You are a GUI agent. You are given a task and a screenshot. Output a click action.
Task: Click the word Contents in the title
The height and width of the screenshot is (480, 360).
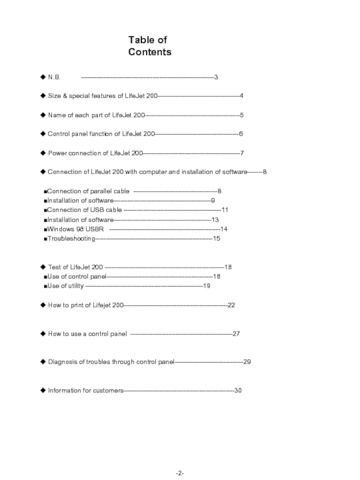click(x=149, y=52)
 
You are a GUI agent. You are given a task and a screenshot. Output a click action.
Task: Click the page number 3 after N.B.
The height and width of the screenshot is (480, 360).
click(x=216, y=77)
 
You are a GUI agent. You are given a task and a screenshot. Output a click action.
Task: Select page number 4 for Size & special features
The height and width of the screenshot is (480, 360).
click(x=242, y=96)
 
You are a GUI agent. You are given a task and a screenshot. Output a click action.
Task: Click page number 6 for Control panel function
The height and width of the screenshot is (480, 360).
click(x=241, y=134)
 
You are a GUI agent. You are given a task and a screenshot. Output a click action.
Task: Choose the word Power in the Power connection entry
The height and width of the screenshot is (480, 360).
click(x=57, y=153)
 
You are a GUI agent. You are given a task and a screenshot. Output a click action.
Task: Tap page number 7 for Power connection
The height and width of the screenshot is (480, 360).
click(x=242, y=153)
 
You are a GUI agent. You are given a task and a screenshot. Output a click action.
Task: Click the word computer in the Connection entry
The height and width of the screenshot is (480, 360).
click(x=153, y=172)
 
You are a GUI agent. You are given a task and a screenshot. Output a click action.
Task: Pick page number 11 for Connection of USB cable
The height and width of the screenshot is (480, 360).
click(x=225, y=210)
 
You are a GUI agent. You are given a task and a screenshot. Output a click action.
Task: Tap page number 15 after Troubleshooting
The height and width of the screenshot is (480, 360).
click(x=216, y=238)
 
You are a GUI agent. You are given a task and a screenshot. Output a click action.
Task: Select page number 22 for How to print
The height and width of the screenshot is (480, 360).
click(x=231, y=305)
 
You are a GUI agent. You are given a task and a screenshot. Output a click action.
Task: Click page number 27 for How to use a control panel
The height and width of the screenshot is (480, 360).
click(x=236, y=334)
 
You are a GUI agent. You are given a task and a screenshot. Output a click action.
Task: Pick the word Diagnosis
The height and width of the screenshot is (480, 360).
click(x=63, y=362)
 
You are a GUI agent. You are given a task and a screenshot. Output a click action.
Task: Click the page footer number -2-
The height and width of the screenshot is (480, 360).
click(x=180, y=474)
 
